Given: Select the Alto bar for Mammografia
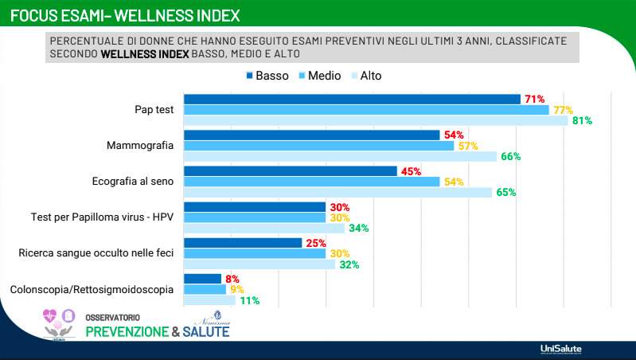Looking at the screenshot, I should click(x=340, y=156).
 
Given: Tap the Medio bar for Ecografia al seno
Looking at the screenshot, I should click(x=311, y=182).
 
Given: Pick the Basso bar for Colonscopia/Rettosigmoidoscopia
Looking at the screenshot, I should click(x=202, y=279).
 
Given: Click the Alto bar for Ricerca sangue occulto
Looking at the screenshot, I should click(x=259, y=264).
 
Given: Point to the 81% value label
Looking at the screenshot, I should click(x=582, y=121).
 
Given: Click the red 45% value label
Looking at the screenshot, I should click(x=411, y=171).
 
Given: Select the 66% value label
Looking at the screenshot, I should click(x=510, y=157).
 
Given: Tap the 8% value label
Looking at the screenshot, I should click(x=232, y=279).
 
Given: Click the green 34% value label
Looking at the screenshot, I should click(x=359, y=229).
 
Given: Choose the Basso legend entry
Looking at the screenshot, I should click(x=267, y=76).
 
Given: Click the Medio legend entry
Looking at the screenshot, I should click(x=318, y=76).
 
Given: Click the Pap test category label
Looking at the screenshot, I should click(x=154, y=110).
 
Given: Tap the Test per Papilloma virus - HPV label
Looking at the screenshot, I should click(x=102, y=217).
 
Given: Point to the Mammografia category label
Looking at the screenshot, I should click(x=140, y=146).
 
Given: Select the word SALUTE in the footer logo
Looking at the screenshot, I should click(x=206, y=331).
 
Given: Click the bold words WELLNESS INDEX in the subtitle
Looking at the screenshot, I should click(x=145, y=53).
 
